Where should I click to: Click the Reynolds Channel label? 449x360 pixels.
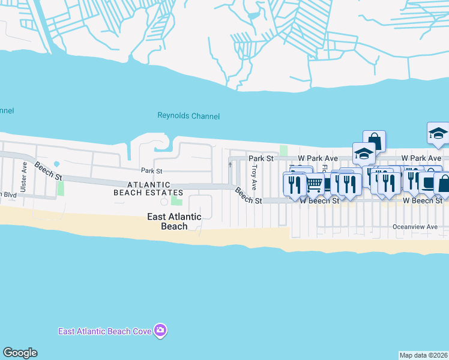188,116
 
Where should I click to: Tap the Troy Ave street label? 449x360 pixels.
255,176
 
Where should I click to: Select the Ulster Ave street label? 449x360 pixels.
24,178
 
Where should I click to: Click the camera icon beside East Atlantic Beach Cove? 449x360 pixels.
160,331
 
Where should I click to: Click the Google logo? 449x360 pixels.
20,353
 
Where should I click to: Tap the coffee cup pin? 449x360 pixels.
429,181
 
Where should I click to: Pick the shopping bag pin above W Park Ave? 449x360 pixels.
374,141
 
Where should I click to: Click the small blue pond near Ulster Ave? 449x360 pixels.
56,164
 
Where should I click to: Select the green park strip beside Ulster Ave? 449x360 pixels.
60,188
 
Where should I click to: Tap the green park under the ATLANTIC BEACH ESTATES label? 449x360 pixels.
176,200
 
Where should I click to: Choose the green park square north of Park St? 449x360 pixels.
283,149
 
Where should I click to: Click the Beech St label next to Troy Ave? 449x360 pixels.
248,196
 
